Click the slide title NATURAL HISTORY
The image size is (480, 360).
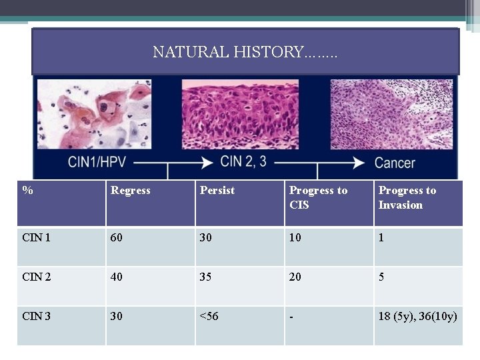pyautogui.click(x=245, y=52)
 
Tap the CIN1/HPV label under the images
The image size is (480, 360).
pyautogui.click(x=99, y=162)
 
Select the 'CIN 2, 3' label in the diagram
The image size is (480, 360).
pyautogui.click(x=245, y=161)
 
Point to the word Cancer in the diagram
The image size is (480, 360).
pyautogui.click(x=395, y=163)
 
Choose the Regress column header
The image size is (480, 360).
pyautogui.click(x=131, y=191)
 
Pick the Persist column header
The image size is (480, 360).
pyautogui.click(x=217, y=191)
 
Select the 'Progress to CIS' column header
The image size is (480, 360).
pyautogui.click(x=318, y=197)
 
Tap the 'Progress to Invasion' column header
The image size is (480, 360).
pyautogui.click(x=407, y=197)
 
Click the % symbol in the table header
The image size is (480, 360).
pyautogui.click(x=27, y=191)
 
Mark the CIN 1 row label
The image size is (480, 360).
pyautogui.click(x=36, y=238)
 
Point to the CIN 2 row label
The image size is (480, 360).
pyautogui.click(x=36, y=277)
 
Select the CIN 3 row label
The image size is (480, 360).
pyautogui.click(x=36, y=316)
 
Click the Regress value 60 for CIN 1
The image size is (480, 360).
pyautogui.click(x=117, y=238)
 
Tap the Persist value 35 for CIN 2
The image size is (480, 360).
pyautogui.click(x=206, y=277)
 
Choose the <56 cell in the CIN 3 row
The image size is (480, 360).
pyautogui.click(x=209, y=316)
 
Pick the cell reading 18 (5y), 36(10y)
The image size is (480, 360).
pyautogui.click(x=417, y=316)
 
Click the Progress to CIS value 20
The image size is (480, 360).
pyautogui.click(x=295, y=277)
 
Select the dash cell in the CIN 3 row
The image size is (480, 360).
pyautogui.click(x=291, y=316)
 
